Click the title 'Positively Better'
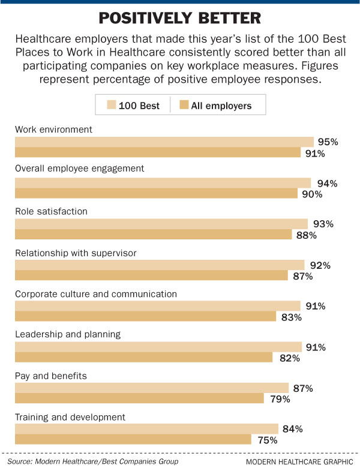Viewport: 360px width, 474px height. pyautogui.click(x=179, y=19)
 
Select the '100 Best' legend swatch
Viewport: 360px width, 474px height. pyautogui.click(x=111, y=106)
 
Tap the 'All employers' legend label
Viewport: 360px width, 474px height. pyautogui.click(x=221, y=106)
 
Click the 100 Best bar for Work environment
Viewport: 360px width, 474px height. pyautogui.click(x=164, y=142)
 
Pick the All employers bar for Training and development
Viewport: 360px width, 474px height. pyautogui.click(x=133, y=440)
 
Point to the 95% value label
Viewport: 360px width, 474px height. pyautogui.click(x=328, y=142)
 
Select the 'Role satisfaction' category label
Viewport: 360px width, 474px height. pyautogui.click(x=51, y=211)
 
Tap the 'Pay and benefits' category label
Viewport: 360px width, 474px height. pyautogui.click(x=51, y=376)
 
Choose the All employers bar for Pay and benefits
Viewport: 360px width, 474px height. pyautogui.click(x=139, y=399)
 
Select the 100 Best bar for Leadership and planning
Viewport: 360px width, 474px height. pyautogui.click(x=158, y=347)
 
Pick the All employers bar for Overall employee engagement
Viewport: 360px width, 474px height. pyautogui.click(x=156, y=194)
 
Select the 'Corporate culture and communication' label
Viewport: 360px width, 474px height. pyautogui.click(x=95, y=293)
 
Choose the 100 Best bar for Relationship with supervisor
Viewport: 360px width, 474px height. pyautogui.click(x=160, y=265)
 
